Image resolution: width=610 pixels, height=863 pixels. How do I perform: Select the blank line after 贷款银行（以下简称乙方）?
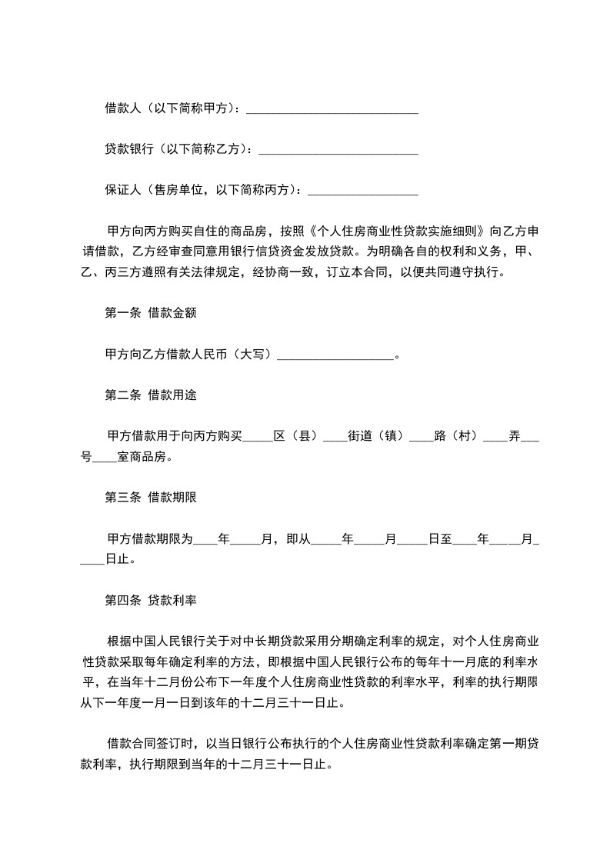(338, 150)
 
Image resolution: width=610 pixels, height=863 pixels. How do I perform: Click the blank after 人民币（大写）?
(335, 355)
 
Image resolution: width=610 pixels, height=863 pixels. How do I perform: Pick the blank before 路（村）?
(421, 436)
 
